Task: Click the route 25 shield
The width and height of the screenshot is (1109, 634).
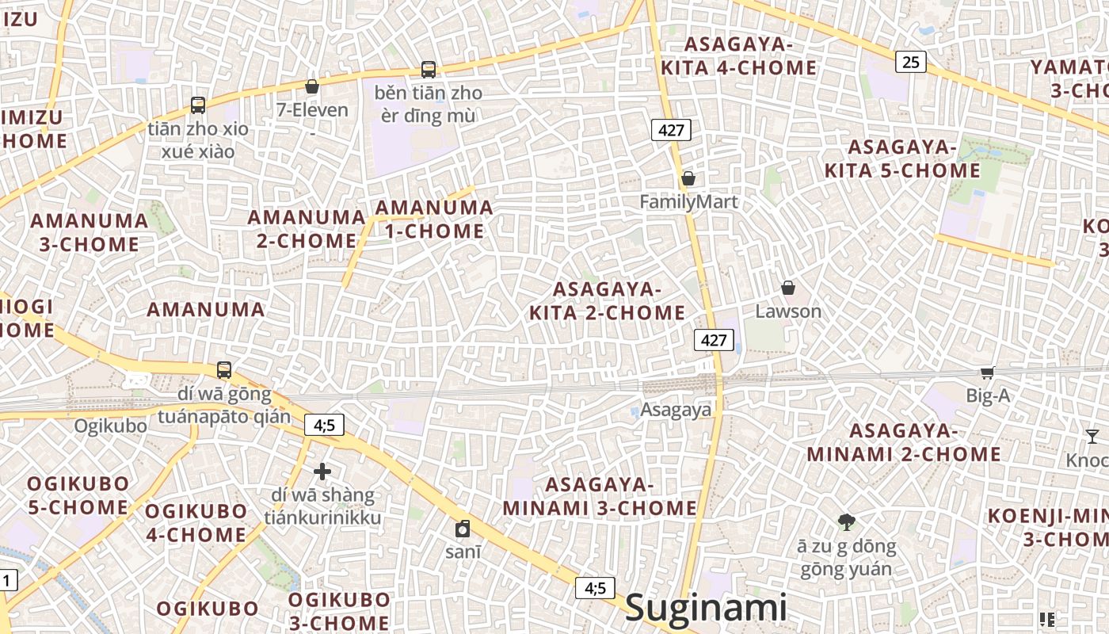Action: coord(911,61)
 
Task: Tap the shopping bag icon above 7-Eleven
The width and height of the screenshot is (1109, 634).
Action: coord(312,86)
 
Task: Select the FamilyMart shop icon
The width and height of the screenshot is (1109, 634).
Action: coord(688,179)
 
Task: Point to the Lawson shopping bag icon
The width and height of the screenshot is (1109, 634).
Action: coord(788,288)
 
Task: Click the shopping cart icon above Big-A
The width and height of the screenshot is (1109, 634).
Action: coord(987,372)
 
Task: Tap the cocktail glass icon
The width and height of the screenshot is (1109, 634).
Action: coord(1092,436)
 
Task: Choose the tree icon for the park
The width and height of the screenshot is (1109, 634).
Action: coord(846,521)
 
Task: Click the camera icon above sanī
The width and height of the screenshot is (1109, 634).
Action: coord(463,529)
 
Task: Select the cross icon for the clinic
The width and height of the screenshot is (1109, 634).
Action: coord(322,472)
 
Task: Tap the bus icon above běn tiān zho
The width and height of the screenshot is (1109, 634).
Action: coord(429,70)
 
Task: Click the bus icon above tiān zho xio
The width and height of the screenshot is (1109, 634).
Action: coord(198,105)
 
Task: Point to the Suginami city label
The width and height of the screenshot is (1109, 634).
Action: coord(706,609)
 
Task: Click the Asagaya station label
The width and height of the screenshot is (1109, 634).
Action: coord(676,410)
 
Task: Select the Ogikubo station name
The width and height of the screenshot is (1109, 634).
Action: coord(111,426)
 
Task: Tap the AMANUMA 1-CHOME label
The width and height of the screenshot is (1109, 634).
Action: coord(433,220)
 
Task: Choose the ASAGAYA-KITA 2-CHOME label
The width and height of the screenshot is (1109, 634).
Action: coord(607,300)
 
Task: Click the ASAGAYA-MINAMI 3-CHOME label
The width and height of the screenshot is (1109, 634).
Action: coord(600,496)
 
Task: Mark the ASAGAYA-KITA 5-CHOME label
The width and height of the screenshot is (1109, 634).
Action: coord(902,159)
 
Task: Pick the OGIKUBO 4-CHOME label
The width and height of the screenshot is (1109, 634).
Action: coord(196,523)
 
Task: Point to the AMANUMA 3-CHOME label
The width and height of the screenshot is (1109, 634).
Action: coord(89,232)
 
